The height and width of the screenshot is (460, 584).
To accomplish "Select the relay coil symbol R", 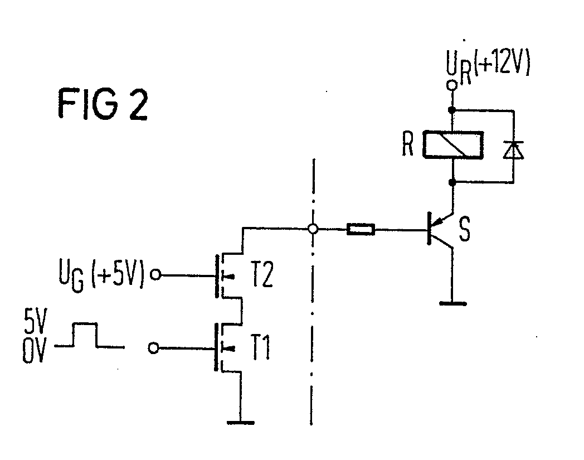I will click(453, 144).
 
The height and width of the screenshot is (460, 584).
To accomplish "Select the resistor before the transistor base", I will click(361, 229).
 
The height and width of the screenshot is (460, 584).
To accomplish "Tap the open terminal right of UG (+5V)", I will click(157, 275).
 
